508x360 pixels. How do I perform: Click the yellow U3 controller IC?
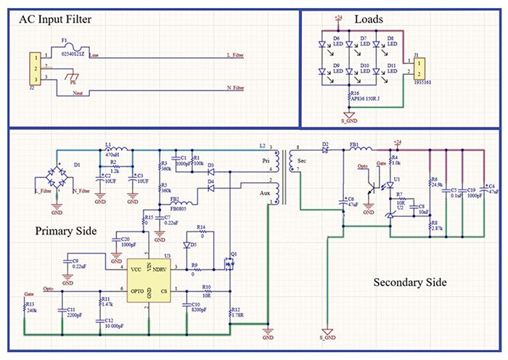click(x=148, y=279)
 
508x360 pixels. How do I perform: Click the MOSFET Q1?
click(x=233, y=266)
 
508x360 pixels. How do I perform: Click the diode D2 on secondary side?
click(x=326, y=152)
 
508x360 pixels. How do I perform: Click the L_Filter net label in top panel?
click(x=238, y=56)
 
